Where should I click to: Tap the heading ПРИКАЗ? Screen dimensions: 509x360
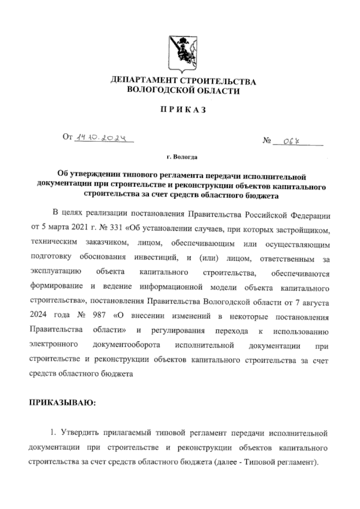click(182, 110)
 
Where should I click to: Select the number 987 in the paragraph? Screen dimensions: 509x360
click(100, 316)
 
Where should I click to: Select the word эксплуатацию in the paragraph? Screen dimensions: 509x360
click(56, 272)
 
